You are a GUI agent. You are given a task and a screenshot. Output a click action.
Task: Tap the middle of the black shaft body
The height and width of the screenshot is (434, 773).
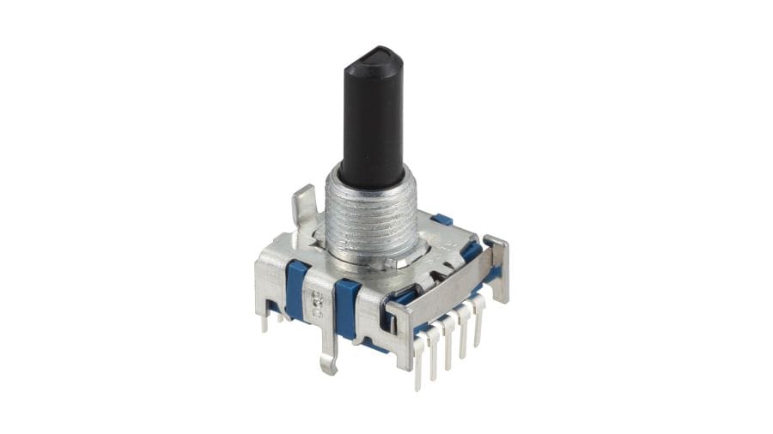pos(370,120)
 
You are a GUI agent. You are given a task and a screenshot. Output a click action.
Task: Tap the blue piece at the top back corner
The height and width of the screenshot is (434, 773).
pos(442,220)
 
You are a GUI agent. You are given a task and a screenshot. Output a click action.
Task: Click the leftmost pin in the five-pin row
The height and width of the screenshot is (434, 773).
pos(419,360)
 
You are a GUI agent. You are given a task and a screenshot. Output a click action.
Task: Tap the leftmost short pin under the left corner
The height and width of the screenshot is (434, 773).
pos(265,321)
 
